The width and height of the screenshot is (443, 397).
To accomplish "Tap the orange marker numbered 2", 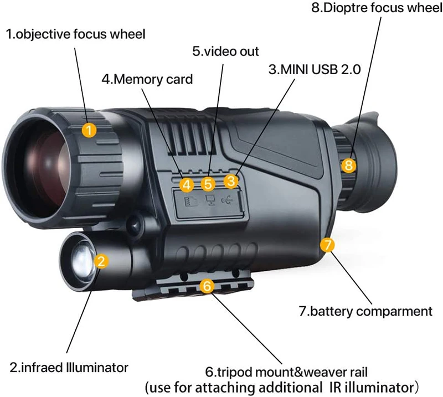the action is pos(100,260).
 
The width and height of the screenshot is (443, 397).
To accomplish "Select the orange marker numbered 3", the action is pos(231,180).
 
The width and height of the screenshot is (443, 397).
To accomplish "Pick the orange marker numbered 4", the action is pos(187,184).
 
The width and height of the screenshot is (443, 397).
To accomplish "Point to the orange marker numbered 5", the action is pos(208,183).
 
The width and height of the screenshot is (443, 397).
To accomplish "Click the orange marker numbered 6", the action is pos(206,286).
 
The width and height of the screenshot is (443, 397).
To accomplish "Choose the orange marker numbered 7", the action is pos(328,244).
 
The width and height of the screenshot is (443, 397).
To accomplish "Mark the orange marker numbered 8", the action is pos(348,164).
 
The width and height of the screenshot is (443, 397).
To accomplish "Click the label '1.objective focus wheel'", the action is pos(76,34).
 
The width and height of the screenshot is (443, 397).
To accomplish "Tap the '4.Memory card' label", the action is pos(147,79).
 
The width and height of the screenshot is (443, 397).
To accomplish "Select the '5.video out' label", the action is pos(225,51).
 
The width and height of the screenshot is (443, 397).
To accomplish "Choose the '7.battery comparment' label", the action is pos(365,311).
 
